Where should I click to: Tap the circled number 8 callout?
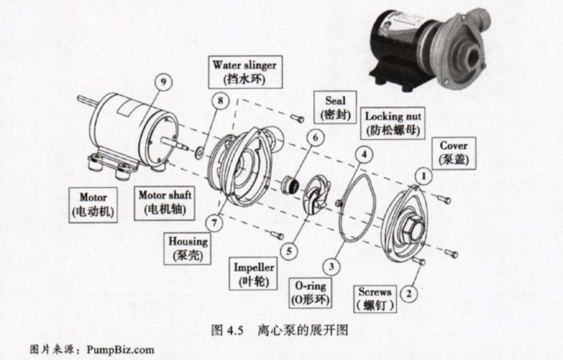(x=221, y=101)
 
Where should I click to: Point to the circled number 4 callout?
(x=364, y=155)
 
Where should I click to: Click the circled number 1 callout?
(x=424, y=177)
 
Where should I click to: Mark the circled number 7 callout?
(x=214, y=222)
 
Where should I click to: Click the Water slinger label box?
(x=244, y=72)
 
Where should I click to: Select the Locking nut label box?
(x=393, y=123)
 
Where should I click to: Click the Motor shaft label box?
(x=165, y=203)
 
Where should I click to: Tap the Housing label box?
(x=188, y=249)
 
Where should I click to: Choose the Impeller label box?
(x=254, y=275)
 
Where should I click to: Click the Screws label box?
(x=375, y=299)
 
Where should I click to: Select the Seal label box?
(x=335, y=107)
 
